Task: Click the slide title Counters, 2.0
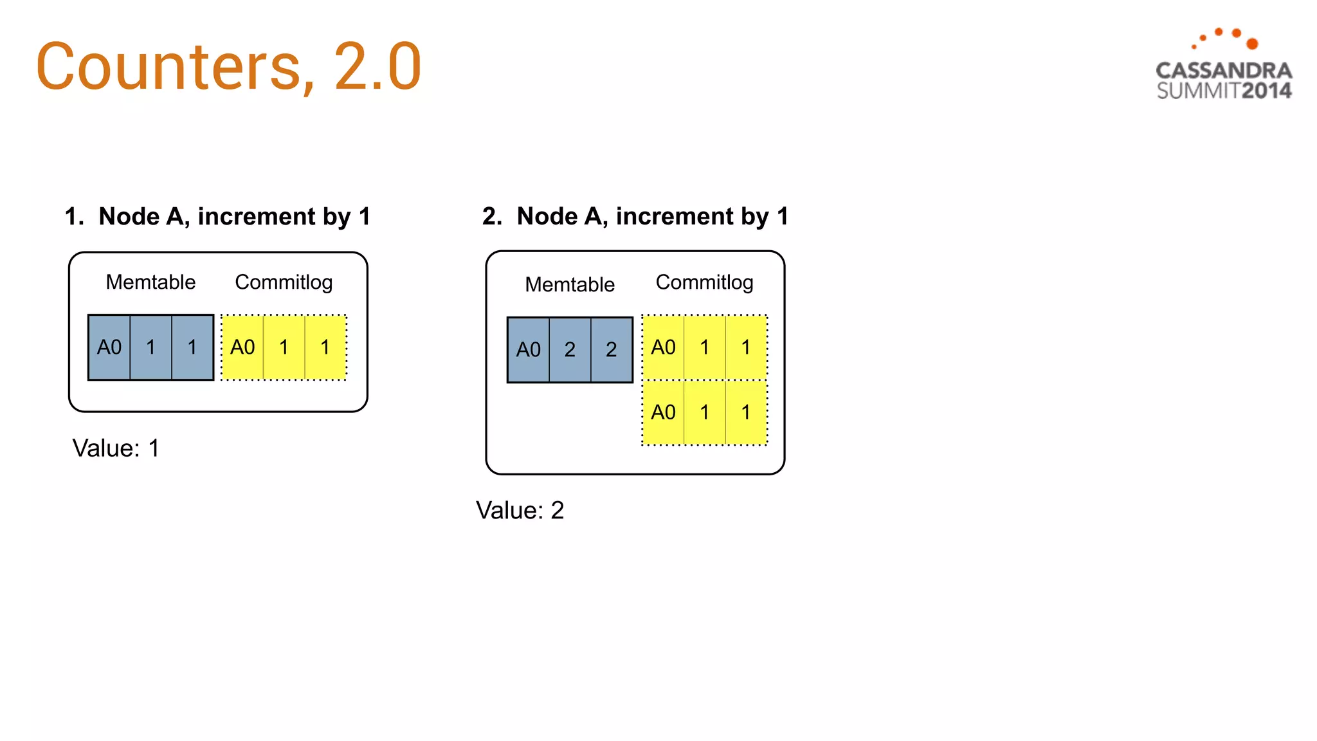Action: point(228,66)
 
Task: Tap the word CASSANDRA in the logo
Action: point(1224,70)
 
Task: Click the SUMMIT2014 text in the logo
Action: point(1224,91)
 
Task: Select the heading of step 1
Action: point(217,216)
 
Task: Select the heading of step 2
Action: point(635,216)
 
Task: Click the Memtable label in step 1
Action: point(150,282)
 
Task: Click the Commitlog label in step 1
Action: point(284,282)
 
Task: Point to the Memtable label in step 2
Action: point(570,284)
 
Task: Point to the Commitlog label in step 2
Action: point(704,282)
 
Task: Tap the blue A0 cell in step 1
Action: point(109,347)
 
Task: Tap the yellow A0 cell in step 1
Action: point(242,347)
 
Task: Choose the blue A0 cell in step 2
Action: point(529,350)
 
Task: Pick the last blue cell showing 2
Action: point(612,350)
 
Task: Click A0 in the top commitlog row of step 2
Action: point(663,347)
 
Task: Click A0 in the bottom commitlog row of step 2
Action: point(663,412)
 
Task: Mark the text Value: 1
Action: point(116,448)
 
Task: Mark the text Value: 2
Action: point(520,511)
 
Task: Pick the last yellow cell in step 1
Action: point(325,347)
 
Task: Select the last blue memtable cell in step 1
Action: point(192,347)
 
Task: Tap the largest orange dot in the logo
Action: point(1252,44)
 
